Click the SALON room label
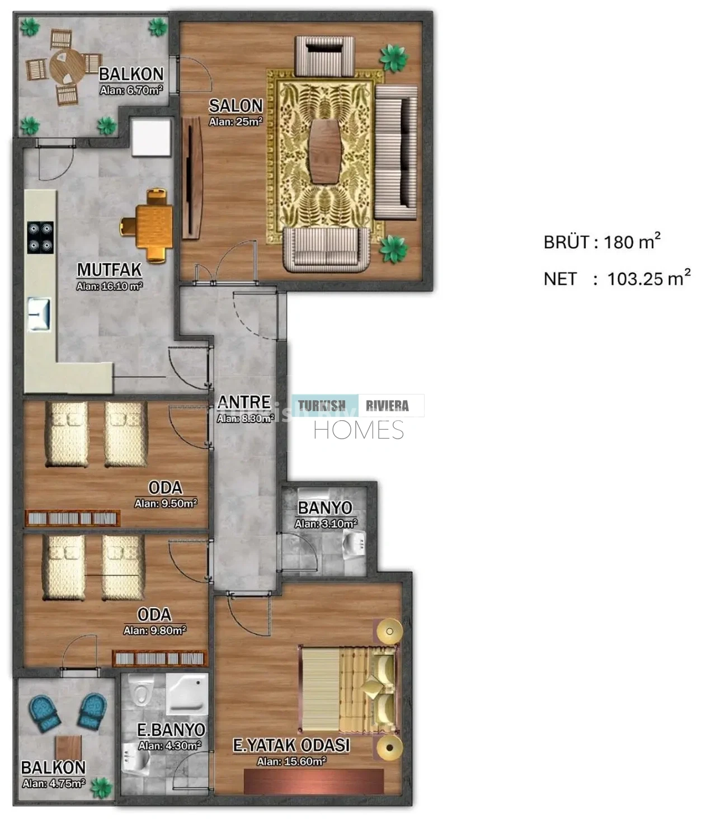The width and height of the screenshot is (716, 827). (x=235, y=106)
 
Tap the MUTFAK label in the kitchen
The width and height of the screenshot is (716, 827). (x=109, y=270)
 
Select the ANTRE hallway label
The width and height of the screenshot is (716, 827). (x=244, y=402)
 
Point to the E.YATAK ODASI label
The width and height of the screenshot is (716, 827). (x=291, y=745)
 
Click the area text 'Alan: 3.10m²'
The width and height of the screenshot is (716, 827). (x=326, y=524)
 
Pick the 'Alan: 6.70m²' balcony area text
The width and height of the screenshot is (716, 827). (x=131, y=90)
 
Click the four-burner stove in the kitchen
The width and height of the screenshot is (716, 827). (x=40, y=237)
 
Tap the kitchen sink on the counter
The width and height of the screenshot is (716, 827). (x=39, y=314)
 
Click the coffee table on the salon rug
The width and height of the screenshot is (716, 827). (x=325, y=151)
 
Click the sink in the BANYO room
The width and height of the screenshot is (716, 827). (x=355, y=543)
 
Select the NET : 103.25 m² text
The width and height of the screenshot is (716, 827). (x=617, y=278)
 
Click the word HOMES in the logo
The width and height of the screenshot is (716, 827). (x=359, y=430)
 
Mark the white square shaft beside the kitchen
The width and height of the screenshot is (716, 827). (x=151, y=137)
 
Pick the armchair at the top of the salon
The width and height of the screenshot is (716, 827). (x=324, y=56)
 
